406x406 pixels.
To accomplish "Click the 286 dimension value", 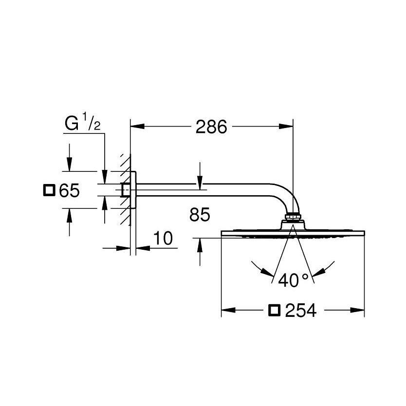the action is pos(211,127).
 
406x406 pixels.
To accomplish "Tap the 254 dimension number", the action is pos(301,310).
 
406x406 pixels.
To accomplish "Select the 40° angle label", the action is pos(293,280).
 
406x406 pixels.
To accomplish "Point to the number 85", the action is pos(200,214).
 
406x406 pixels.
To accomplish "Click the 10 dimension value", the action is pos(163,238).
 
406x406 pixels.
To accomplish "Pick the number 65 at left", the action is pos(69,190).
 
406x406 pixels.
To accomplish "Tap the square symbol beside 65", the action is pos(49,190).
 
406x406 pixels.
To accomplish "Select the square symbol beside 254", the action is pos(275,310).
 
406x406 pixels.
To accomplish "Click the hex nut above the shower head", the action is pos(293,216).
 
